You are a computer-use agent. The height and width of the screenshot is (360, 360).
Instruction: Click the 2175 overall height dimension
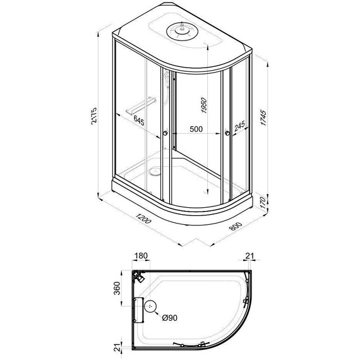pos(94,116)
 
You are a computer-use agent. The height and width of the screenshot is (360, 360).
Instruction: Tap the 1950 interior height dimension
pos(203,105)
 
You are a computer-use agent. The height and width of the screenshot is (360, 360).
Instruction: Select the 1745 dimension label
pos(263,117)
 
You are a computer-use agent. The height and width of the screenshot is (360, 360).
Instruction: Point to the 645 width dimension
pos(139,121)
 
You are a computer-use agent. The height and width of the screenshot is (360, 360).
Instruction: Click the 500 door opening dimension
pos(196,129)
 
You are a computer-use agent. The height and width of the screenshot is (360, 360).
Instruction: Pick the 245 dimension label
pos(239,126)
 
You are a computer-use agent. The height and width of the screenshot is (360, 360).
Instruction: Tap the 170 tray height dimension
pos(263,202)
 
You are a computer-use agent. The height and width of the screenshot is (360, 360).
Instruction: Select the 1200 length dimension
pos(143,218)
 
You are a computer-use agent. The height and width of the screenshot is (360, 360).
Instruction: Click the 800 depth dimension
pos(236,226)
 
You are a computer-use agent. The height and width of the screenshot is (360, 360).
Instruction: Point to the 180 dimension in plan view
pos(141,256)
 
